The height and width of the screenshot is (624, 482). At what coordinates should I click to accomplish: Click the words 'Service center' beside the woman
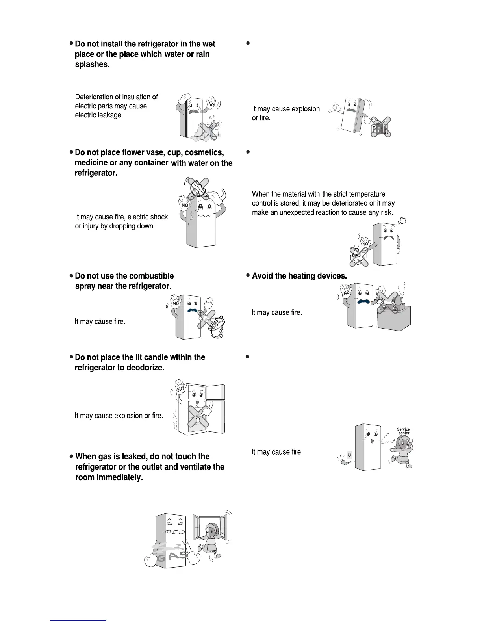(403, 431)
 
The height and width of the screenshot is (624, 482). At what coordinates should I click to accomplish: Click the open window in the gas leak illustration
(209, 528)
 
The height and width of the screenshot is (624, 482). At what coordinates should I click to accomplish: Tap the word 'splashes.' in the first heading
(92, 65)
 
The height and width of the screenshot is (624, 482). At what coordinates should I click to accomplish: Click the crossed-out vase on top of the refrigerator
(198, 188)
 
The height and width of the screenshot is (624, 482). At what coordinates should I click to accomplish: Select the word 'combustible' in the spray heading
(151, 276)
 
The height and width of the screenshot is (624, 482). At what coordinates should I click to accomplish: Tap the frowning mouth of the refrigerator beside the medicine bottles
(388, 239)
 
